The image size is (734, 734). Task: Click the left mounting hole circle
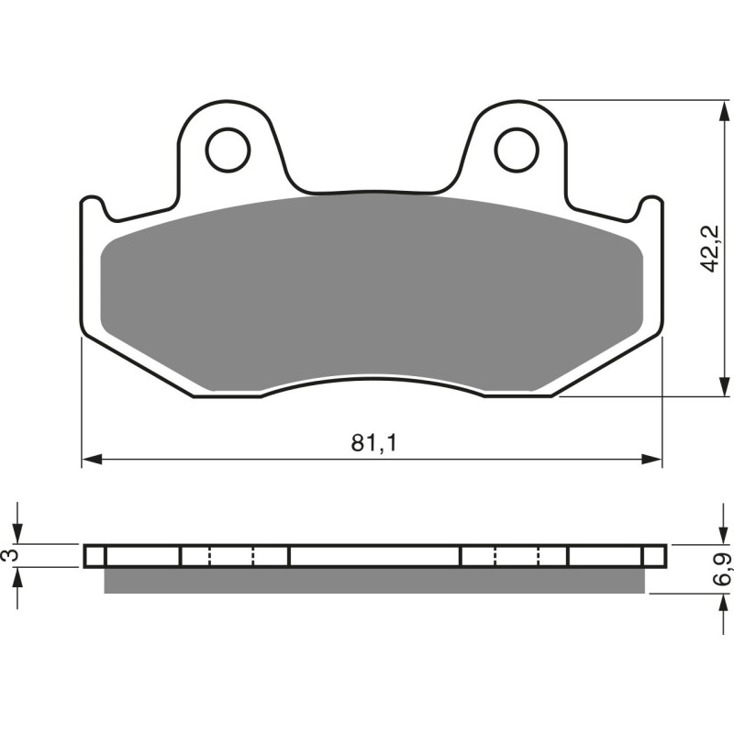228,150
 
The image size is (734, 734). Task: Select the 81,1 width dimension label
373,443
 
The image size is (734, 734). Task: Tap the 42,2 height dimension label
707,250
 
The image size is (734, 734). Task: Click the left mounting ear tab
228,147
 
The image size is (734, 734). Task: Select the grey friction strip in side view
373,580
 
